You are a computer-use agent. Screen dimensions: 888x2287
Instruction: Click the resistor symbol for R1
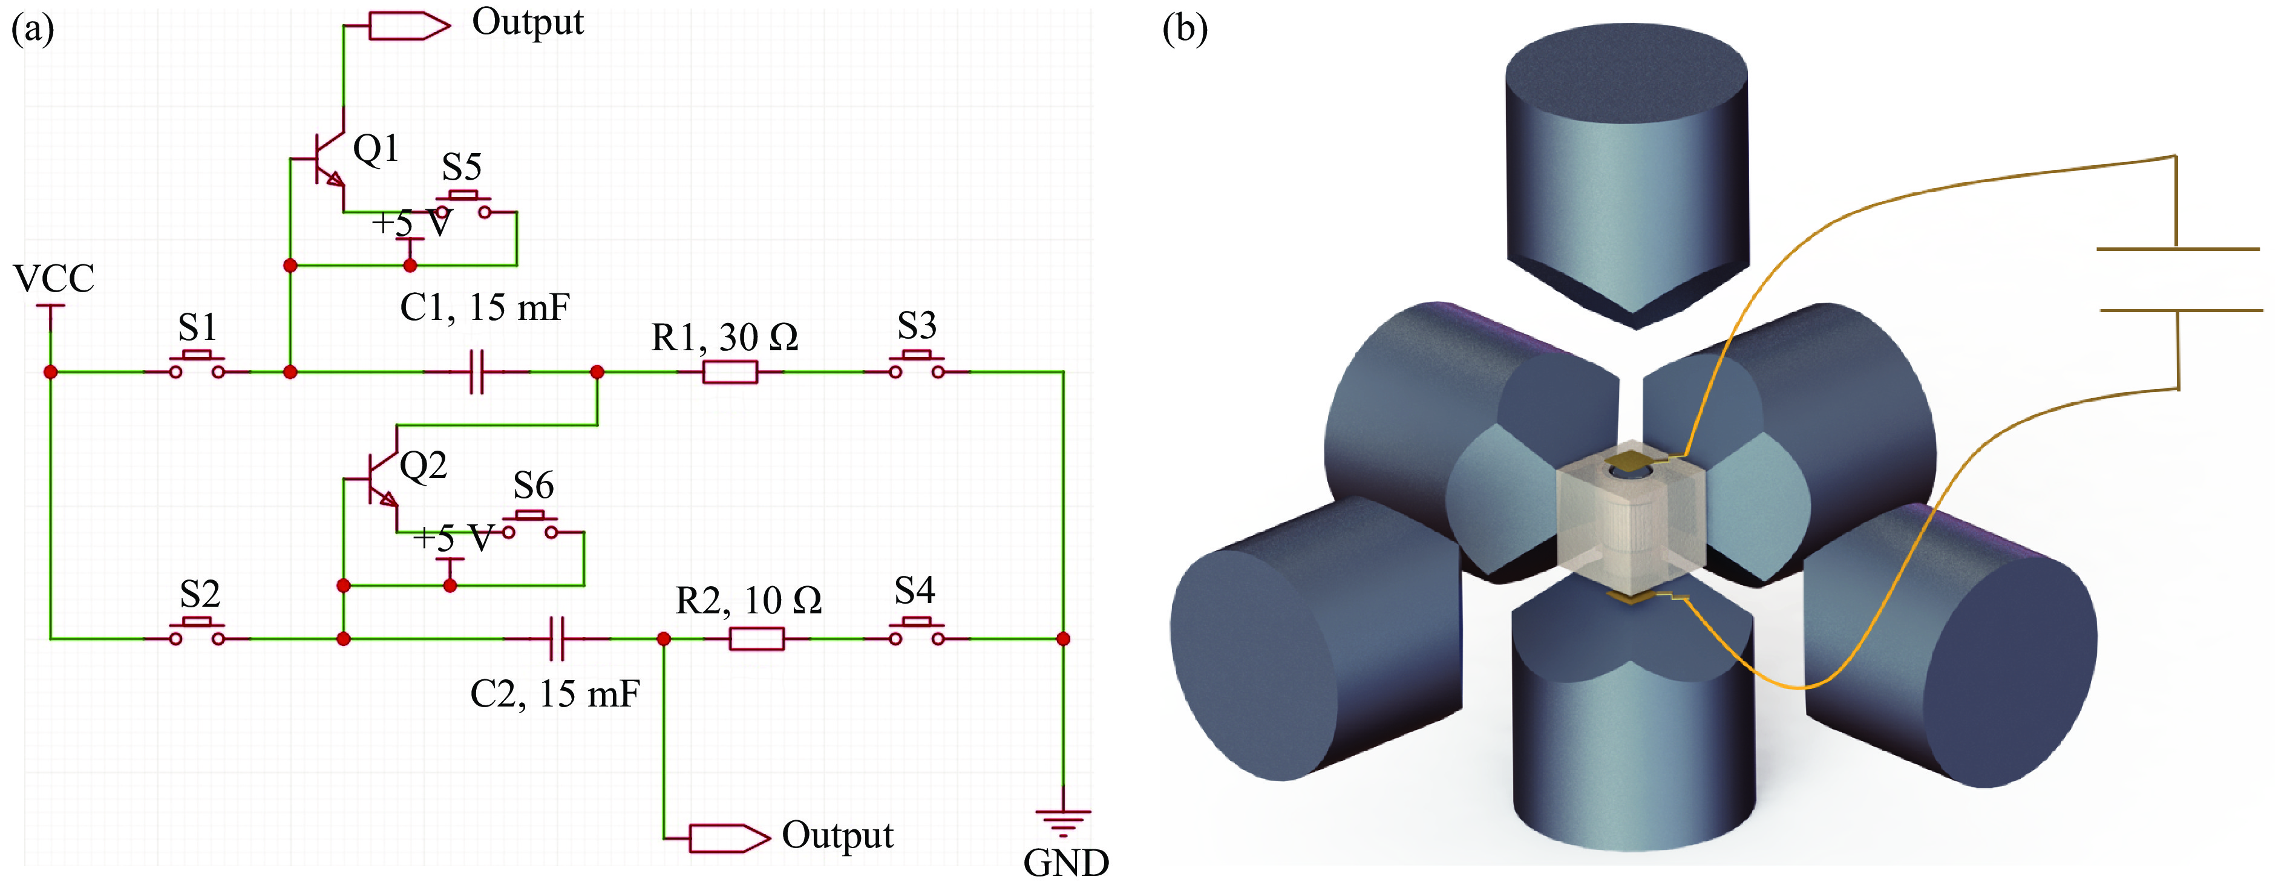[x=730, y=372]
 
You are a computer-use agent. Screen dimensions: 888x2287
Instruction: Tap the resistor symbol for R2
[x=756, y=638]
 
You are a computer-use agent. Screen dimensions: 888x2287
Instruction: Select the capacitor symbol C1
[x=477, y=372]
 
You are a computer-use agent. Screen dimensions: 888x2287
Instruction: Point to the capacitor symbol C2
[x=557, y=638]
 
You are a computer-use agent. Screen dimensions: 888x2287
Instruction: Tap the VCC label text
[x=54, y=279]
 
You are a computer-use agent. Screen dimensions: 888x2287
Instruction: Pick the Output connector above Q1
[x=408, y=26]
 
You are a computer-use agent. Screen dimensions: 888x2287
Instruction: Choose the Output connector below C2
[x=728, y=837]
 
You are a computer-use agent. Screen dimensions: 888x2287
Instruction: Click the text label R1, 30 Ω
[x=724, y=338]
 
